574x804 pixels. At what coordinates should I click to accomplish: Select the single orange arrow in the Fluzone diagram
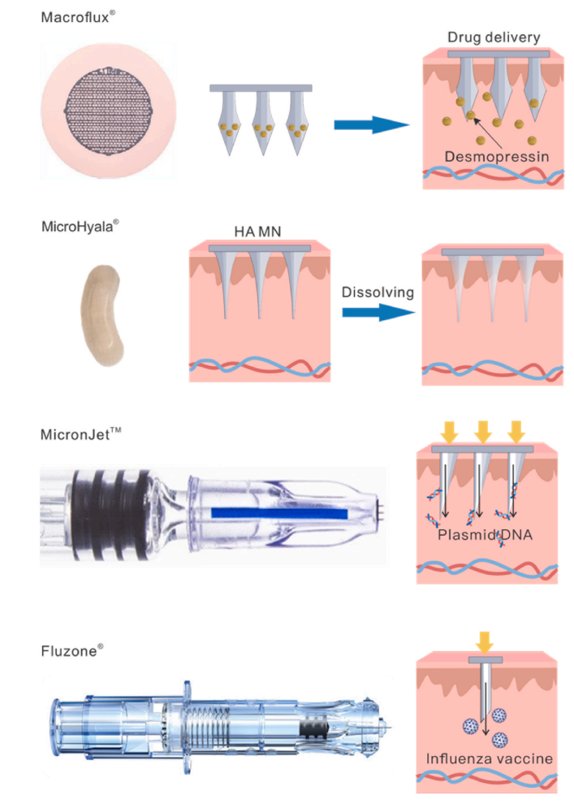484,643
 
